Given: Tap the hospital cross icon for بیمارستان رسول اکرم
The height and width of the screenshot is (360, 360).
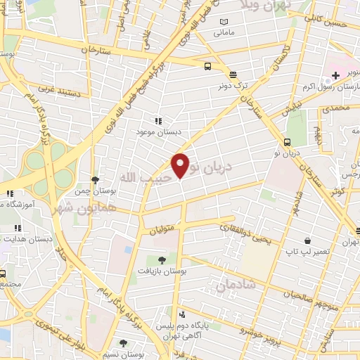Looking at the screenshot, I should coord(336,75).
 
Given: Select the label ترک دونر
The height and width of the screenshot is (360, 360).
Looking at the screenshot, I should coord(232,87).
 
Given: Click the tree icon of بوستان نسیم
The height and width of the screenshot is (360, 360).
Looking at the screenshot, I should coord(124,343).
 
